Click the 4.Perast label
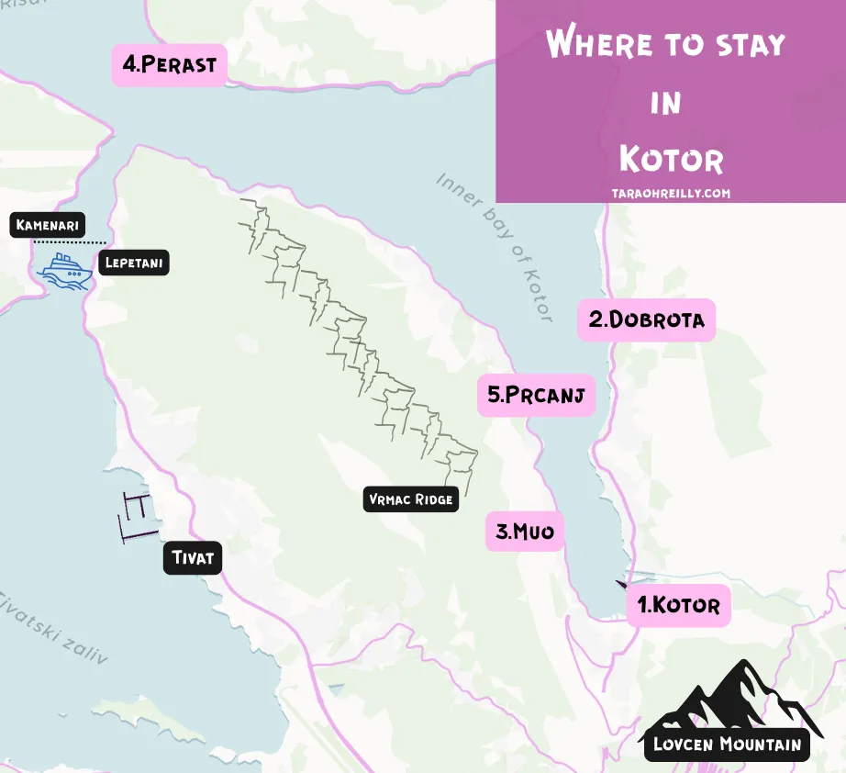pyautogui.click(x=170, y=65)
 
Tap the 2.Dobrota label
pyautogui.click(x=646, y=319)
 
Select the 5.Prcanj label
pyautogui.click(x=537, y=396)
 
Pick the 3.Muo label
pyautogui.click(x=525, y=531)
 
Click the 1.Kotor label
pyautogui.click(x=679, y=605)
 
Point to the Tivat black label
pyautogui.click(x=194, y=557)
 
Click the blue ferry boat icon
pyautogui.click(x=65, y=270)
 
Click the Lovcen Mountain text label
pyautogui.click(x=727, y=744)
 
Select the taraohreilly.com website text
pyautogui.click(x=671, y=194)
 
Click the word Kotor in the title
pyautogui.click(x=671, y=159)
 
